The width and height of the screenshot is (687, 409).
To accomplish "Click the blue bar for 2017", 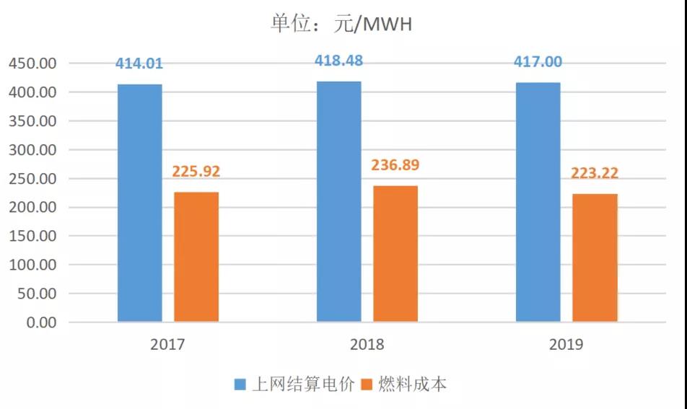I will (140, 203).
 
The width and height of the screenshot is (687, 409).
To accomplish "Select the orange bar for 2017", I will (196, 257).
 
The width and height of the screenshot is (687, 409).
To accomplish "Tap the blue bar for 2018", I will (339, 201).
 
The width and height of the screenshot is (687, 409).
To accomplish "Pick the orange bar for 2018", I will (395, 253).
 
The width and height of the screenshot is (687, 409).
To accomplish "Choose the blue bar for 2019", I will (538, 202).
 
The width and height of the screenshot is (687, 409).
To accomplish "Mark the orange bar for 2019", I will (595, 258).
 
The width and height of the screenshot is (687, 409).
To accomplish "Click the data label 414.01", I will (139, 63).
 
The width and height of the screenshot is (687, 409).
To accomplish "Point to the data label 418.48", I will (338, 61).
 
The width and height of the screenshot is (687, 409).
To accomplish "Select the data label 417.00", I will (538, 61).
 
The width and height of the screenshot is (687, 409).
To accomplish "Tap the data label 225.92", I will (196, 172).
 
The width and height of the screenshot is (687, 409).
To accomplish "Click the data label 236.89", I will (395, 165).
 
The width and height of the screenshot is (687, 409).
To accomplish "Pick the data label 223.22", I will (595, 173).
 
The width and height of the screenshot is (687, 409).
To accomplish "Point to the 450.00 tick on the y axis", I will (32, 63).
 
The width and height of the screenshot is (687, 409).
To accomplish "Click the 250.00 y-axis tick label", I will (32, 179).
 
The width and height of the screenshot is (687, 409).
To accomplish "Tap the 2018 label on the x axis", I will (367, 345).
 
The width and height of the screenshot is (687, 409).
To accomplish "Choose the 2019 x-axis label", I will (566, 345).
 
